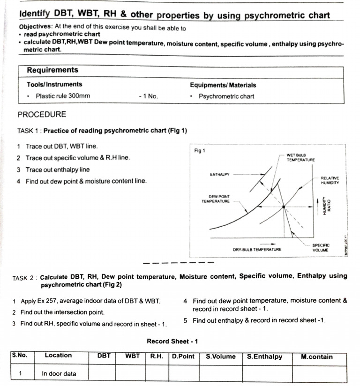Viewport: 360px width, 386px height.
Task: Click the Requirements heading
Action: pos(52,70)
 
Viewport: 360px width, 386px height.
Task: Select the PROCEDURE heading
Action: pos(42,114)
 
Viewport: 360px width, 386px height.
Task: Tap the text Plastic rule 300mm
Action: pos(63,96)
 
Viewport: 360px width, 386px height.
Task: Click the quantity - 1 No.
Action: pos(149,96)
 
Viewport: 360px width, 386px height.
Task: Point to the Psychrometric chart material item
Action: pos(226,96)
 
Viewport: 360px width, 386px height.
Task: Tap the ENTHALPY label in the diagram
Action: pos(219,174)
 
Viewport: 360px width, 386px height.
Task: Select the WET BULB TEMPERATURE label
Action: pos(300,157)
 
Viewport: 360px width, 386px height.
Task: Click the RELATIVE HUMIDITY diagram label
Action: pos(330,180)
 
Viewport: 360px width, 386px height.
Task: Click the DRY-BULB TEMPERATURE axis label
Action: pos(257,249)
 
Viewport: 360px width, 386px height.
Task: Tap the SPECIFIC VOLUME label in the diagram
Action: pos(321,247)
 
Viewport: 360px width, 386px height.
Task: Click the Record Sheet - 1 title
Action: pos(172,341)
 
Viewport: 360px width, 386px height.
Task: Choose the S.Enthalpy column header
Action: pos(265,356)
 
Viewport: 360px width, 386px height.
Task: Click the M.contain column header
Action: pos(316,356)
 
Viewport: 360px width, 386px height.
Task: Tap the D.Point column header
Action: pos(183,356)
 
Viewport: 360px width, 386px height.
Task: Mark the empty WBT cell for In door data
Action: pos(130,374)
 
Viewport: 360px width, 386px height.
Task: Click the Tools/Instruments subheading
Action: pos(54,85)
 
